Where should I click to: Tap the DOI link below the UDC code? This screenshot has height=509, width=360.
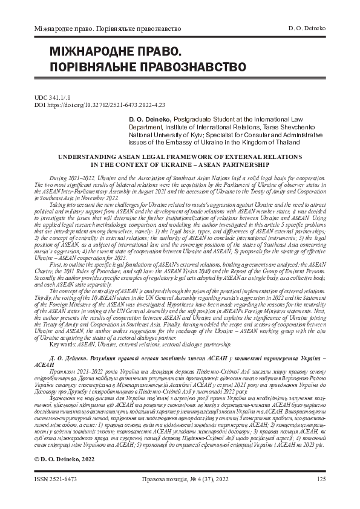click(91, 104)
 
